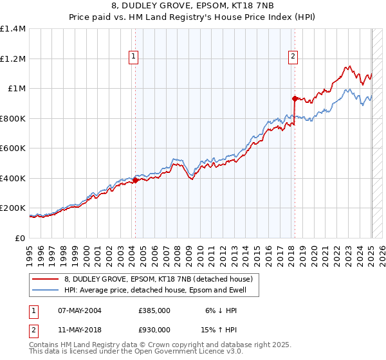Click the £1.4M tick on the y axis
(x=13, y=29)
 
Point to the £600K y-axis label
(x=13, y=148)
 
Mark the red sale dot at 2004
(x=135, y=181)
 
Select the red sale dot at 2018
(x=295, y=98)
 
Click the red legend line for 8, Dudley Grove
(x=46, y=279)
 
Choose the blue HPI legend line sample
(x=46, y=290)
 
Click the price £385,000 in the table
(x=154, y=310)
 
